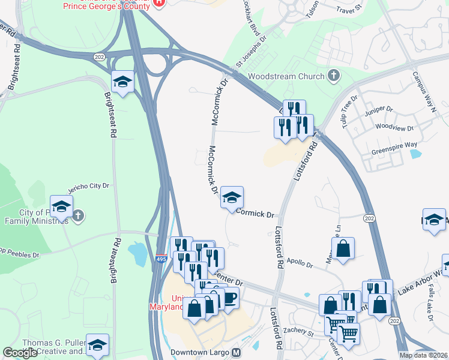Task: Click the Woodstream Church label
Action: (286, 76)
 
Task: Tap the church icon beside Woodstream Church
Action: (333, 76)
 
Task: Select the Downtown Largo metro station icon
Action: (237, 352)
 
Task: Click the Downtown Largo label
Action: (200, 352)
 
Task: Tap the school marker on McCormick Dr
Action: (232, 198)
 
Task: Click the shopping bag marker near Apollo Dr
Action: (343, 249)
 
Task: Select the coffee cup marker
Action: (229, 298)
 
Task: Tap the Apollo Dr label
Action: (300, 263)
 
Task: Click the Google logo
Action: (20, 353)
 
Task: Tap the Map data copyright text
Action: (423, 355)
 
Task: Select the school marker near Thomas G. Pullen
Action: (97, 345)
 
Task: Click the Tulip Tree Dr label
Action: (349, 107)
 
